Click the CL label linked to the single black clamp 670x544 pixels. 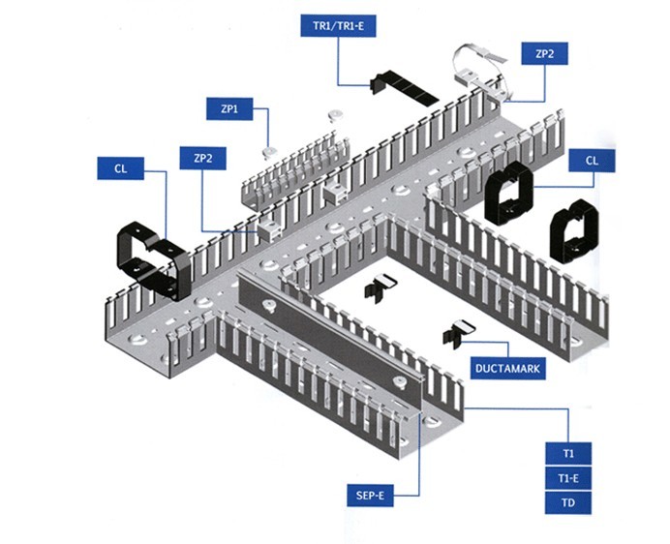pyautogui.click(x=120, y=168)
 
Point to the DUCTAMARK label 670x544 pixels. pyautogui.click(x=507, y=368)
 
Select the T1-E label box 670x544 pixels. pyautogui.click(x=568, y=478)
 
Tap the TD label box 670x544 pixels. pyautogui.click(x=568, y=502)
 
